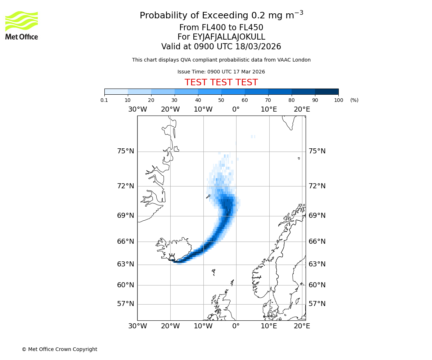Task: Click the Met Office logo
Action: (22, 25)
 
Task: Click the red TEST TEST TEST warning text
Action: (221, 82)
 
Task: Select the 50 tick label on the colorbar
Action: (221, 100)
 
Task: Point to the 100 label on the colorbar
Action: (338, 100)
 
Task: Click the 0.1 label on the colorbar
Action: (104, 100)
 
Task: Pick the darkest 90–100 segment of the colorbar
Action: (327, 91)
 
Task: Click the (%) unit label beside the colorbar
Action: (354, 100)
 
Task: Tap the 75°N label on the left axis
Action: (125, 151)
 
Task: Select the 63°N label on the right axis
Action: (317, 264)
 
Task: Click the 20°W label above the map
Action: (170, 109)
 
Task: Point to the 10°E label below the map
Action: (269, 326)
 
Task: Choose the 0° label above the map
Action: (236, 109)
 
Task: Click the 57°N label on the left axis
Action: (125, 304)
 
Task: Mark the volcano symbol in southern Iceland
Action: (172, 257)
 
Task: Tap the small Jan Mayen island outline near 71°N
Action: (208, 197)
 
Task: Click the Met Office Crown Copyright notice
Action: (59, 349)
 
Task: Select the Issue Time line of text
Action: (221, 72)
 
